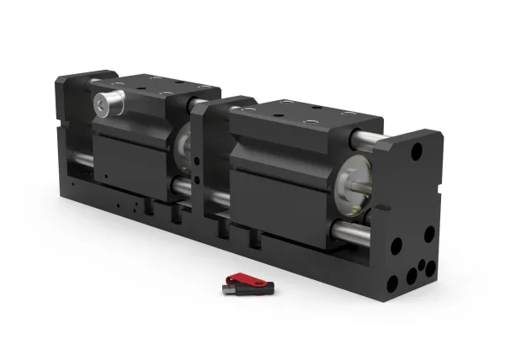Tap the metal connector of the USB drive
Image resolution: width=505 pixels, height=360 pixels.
coord(227,289)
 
